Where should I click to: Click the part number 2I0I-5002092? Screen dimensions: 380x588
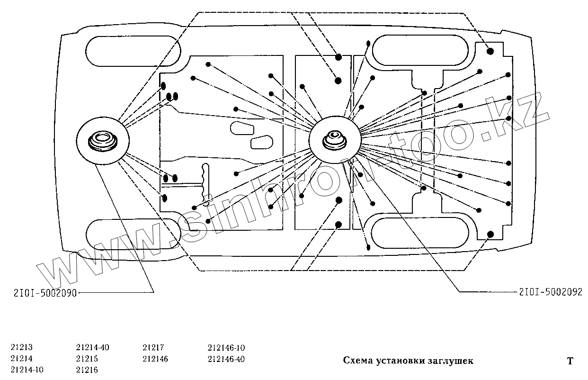click(x=550, y=292)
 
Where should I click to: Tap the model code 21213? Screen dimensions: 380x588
click(x=21, y=347)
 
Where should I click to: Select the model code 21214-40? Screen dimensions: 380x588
click(x=93, y=347)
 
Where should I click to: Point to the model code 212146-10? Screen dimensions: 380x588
click(x=226, y=347)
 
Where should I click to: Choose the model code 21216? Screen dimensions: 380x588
click(x=87, y=370)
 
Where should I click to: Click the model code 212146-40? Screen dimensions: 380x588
click(x=226, y=359)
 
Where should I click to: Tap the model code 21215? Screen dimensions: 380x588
click(x=87, y=359)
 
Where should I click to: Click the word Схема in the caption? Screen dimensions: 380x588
click(x=357, y=361)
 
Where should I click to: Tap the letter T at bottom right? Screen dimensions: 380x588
click(x=570, y=362)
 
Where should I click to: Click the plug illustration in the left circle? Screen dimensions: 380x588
click(x=102, y=141)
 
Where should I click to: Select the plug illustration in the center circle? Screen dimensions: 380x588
click(x=335, y=140)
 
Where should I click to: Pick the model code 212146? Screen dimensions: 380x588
click(x=155, y=359)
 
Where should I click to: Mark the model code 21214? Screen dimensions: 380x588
click(x=21, y=359)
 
